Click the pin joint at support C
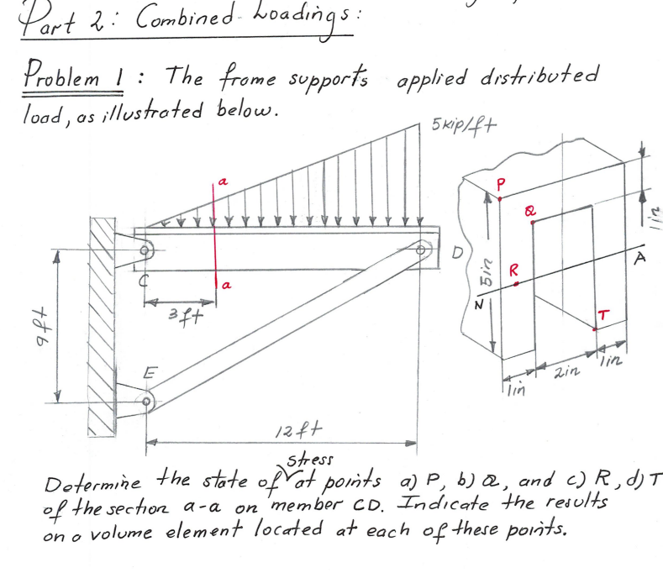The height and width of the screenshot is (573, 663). [x=145, y=250]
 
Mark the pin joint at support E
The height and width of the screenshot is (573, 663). [x=147, y=403]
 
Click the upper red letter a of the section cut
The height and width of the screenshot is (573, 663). [x=223, y=181]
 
